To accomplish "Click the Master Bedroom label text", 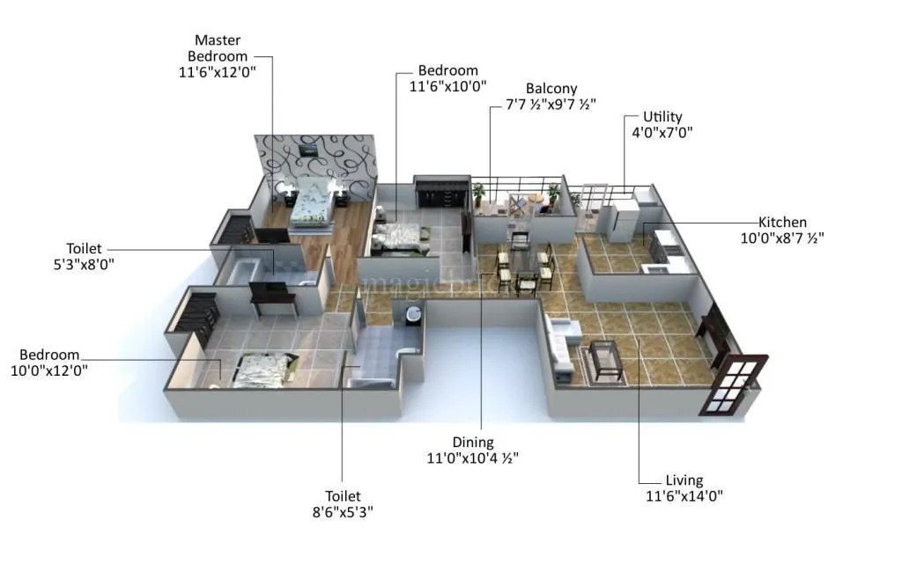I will tap(217, 48).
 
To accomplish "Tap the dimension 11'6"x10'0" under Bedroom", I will tap(447, 86).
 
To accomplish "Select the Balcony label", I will tap(551, 88).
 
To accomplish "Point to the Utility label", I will tap(662, 117).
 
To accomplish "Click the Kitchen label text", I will tap(782, 223).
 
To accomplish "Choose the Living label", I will tap(684, 480).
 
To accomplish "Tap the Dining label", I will tap(473, 443).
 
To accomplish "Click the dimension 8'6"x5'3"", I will tap(343, 512).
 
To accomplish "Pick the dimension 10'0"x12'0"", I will tap(48, 370).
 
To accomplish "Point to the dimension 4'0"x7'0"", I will tap(662, 133).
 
